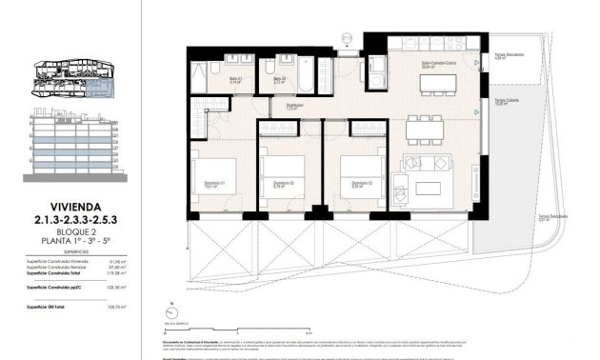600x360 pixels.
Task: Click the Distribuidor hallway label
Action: point(295,107)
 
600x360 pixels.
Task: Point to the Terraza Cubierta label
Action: point(505,101)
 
